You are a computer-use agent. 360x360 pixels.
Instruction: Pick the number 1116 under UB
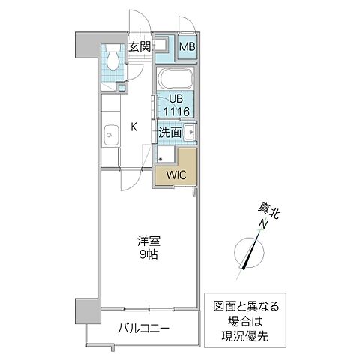176,112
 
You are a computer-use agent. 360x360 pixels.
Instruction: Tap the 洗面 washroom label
169,133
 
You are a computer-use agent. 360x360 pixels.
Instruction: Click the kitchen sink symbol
109,136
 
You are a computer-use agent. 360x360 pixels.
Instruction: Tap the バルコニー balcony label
142,328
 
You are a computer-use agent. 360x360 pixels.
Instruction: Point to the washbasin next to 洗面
189,134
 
